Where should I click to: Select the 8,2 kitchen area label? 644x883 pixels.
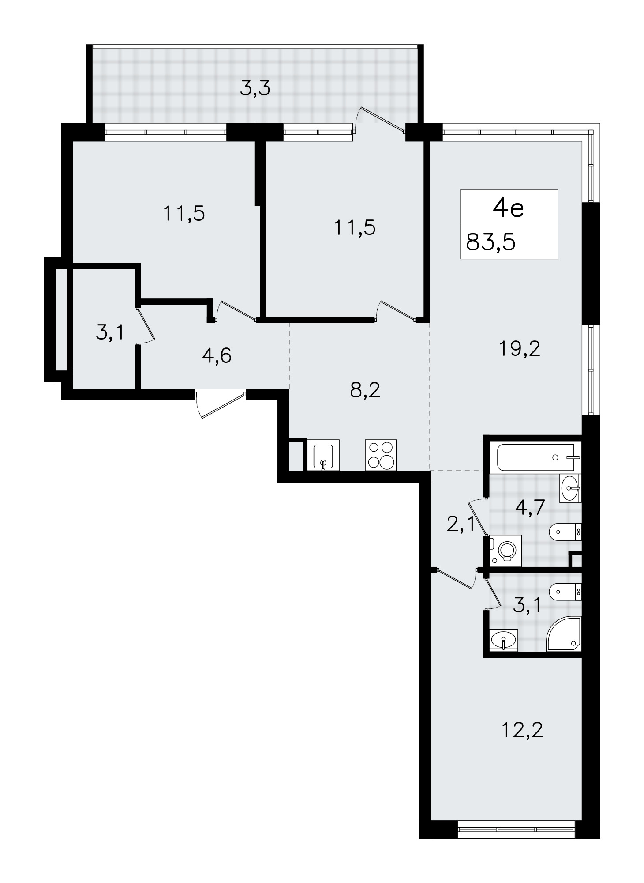pyautogui.click(x=365, y=390)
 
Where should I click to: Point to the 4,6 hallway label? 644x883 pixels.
pyautogui.click(x=217, y=355)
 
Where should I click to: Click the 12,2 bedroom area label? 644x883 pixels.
pyautogui.click(x=522, y=730)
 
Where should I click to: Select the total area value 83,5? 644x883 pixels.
pyautogui.click(x=491, y=242)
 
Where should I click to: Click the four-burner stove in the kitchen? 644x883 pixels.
pyautogui.click(x=381, y=455)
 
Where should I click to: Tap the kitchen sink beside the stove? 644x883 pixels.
pyautogui.click(x=324, y=455)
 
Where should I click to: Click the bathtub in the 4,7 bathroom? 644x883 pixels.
pyautogui.click(x=539, y=457)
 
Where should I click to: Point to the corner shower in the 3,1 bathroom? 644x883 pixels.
pyautogui.click(x=564, y=634)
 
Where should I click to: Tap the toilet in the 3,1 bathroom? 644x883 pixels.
pyautogui.click(x=566, y=591)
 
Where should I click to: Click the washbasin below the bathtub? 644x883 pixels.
pyautogui.click(x=570, y=488)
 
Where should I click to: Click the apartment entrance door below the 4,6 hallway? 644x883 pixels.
pyautogui.click(x=220, y=404)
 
